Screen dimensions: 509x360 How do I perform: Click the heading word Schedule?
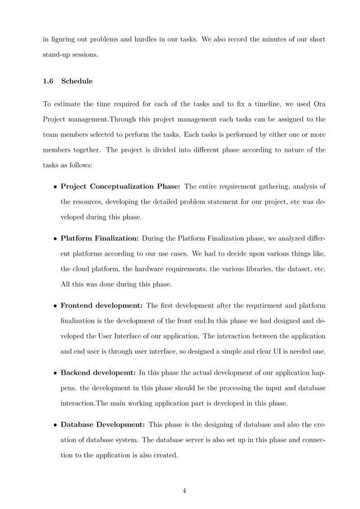click(77, 81)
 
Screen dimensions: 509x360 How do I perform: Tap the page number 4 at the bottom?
click(184, 490)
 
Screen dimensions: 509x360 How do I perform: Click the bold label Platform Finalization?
click(99, 239)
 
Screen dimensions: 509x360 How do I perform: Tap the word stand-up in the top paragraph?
click(58, 55)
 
